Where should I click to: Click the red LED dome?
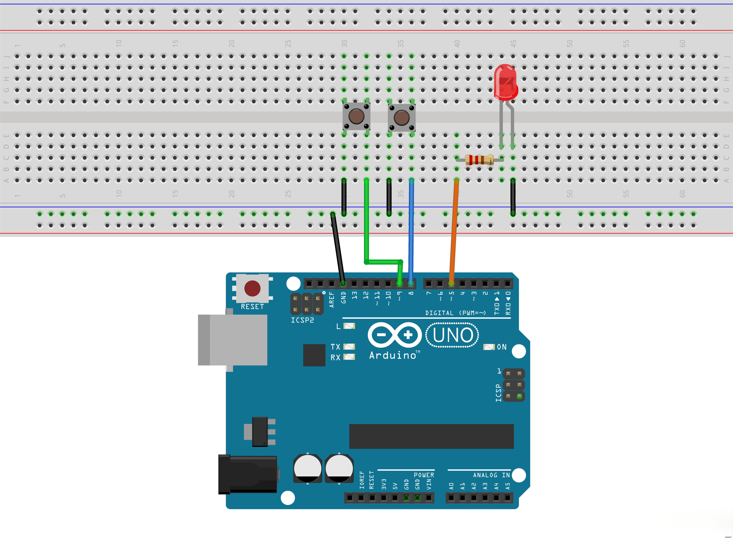505,81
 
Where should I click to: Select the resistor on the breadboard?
479,160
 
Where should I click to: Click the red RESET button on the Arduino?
252,288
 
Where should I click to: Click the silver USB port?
233,340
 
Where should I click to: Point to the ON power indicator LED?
489,347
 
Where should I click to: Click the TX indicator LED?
349,346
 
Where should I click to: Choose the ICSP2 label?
302,320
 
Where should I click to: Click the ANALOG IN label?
491,475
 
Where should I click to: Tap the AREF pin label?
331,300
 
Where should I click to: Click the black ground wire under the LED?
513,197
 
